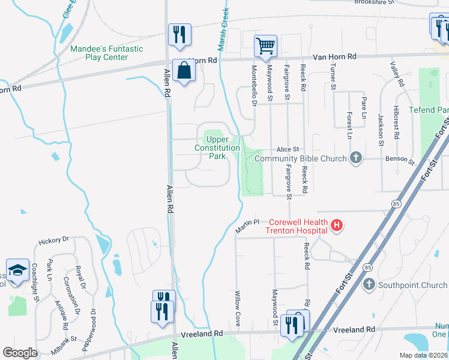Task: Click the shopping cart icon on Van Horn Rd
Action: pos(265,45)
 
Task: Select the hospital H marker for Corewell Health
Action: pos(337,226)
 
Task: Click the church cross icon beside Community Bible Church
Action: pos(356,158)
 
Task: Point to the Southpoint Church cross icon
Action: pos(368,284)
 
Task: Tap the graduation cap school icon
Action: pos(17,271)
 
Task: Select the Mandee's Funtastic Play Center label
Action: pos(107,53)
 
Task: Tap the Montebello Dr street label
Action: pos(254,86)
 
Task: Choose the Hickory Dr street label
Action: pos(54,241)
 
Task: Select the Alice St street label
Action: pos(288,149)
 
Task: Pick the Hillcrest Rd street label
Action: pos(396,123)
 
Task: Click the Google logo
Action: pos(20,353)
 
